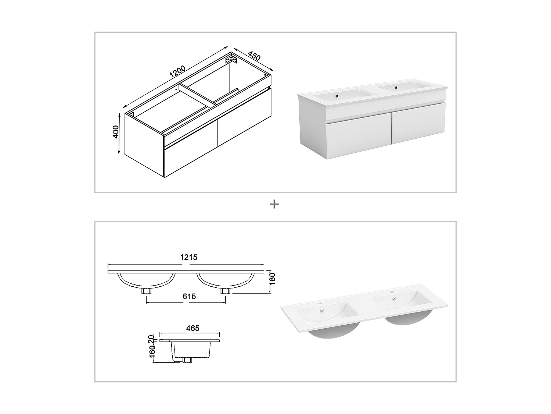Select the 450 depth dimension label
point(254,56)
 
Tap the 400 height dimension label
point(116,132)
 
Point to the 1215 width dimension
point(188,257)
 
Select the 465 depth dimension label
point(193,328)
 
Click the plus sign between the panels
point(274,204)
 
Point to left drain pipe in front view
point(148,290)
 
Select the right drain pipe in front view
point(225,290)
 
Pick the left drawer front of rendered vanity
point(358,137)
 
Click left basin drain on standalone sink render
point(322,310)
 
